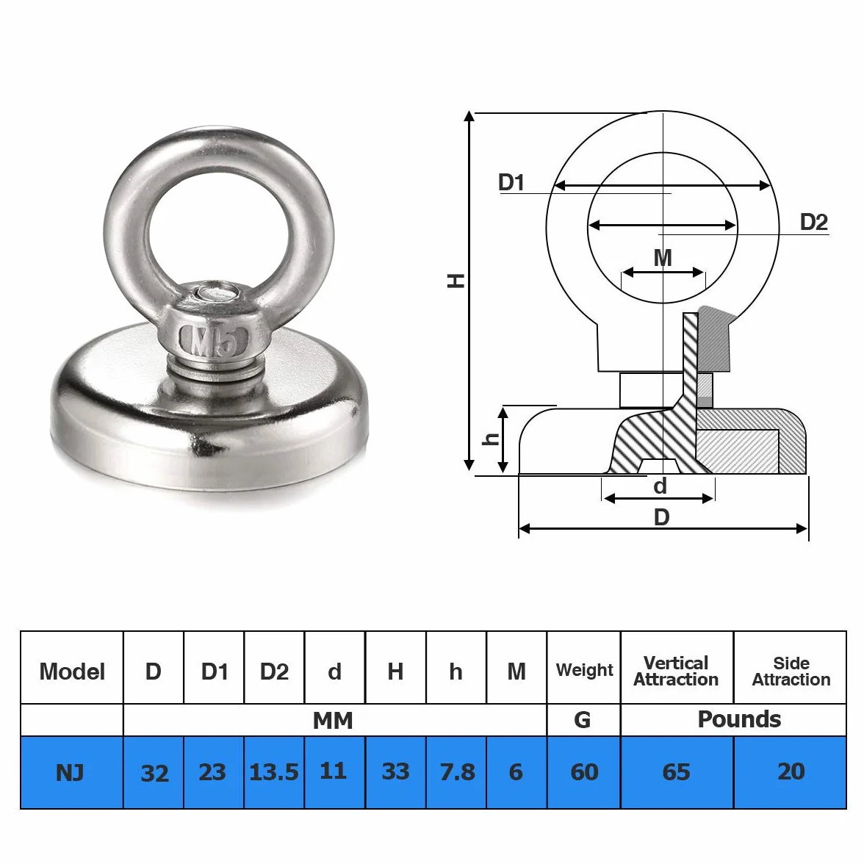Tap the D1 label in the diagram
[x=511, y=182]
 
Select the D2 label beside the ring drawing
[x=814, y=222]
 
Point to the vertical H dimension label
[x=456, y=281]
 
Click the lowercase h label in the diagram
[x=491, y=439]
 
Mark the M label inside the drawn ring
[x=663, y=257]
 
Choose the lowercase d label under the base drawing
[x=660, y=486]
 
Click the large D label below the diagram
[x=661, y=517]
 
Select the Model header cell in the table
[x=72, y=672]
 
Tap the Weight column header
[x=584, y=669]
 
